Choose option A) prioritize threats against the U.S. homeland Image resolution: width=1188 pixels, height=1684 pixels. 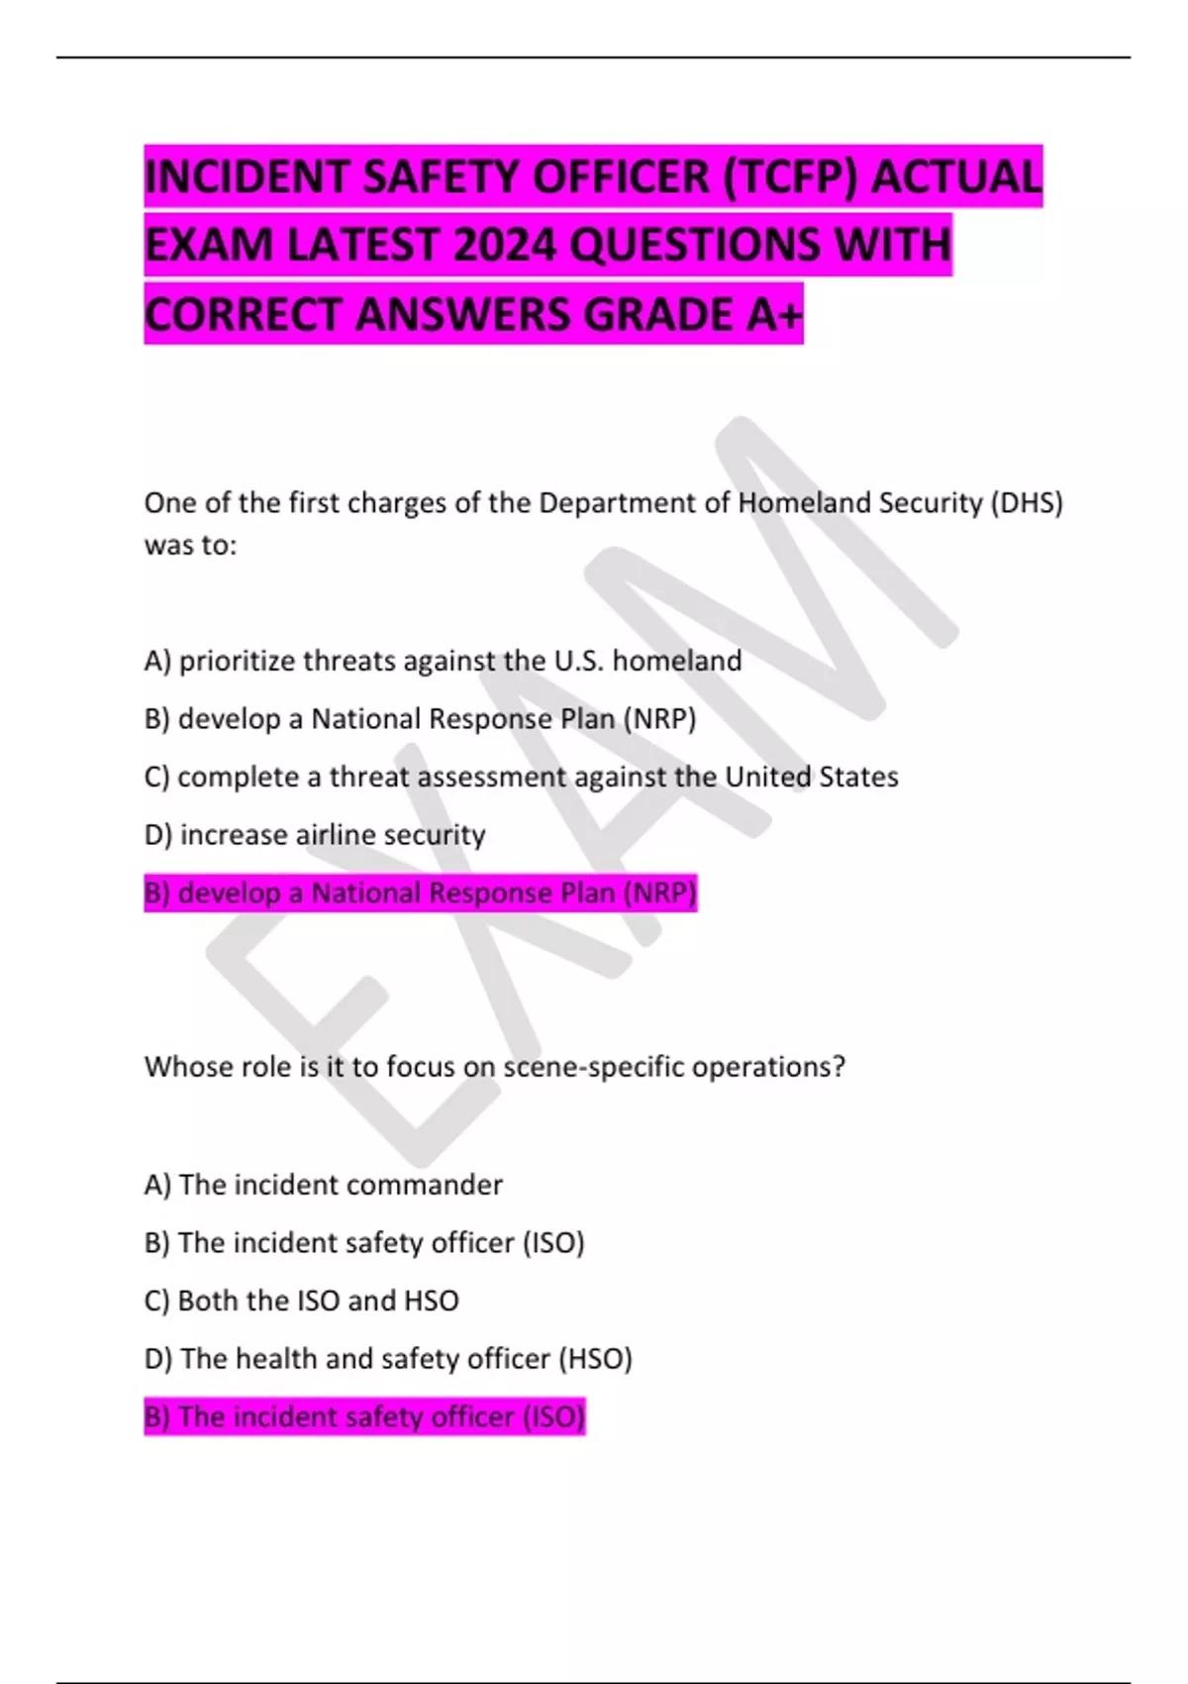tap(443, 661)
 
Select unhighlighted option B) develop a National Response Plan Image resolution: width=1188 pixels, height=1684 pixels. tap(420, 718)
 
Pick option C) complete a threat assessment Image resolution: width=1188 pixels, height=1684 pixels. tap(521, 777)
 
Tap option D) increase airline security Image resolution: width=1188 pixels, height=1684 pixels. tap(315, 835)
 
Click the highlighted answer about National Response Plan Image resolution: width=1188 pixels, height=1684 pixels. tap(420, 894)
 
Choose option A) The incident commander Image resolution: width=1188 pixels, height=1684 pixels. tap(323, 1185)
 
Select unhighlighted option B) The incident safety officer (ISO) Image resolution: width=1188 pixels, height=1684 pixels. tap(364, 1242)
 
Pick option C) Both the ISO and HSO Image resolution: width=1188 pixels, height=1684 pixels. tap(301, 1301)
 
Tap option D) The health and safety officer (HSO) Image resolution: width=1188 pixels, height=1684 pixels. tap(388, 1358)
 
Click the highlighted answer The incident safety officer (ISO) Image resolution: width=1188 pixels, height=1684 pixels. tap(364, 1417)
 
